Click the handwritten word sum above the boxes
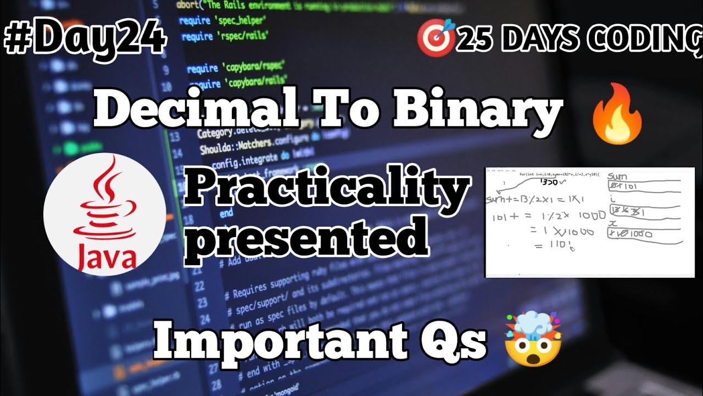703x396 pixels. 618,177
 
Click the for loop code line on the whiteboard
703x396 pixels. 560,174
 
